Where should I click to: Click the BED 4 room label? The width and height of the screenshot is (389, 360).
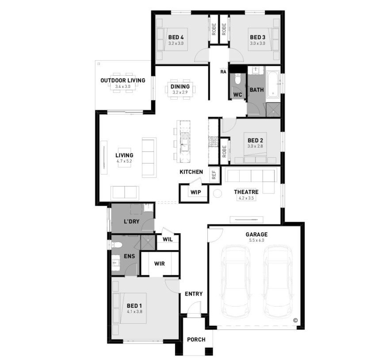pyautogui.click(x=176, y=38)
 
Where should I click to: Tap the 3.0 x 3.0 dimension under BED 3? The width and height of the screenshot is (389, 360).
pyautogui.click(x=258, y=43)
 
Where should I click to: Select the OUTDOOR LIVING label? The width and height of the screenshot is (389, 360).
pyautogui.click(x=123, y=80)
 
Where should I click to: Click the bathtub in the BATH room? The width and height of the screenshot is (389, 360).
pyautogui.click(x=273, y=83)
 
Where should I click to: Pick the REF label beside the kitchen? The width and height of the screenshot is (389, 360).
pyautogui.click(x=214, y=175)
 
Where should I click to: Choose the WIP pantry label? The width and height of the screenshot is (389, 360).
pyautogui.click(x=195, y=192)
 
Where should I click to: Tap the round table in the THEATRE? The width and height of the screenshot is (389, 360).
pyautogui.click(x=217, y=193)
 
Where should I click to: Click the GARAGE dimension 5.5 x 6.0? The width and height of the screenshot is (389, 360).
pyautogui.click(x=256, y=240)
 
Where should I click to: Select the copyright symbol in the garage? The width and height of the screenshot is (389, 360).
pyautogui.click(x=295, y=320)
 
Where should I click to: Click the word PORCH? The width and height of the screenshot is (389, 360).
pyautogui.click(x=196, y=339)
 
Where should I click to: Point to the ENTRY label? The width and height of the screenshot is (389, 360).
pyautogui.click(x=194, y=294)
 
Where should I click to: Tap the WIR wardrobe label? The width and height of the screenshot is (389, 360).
pyautogui.click(x=159, y=264)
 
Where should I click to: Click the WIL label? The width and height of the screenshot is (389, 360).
pyautogui.click(x=168, y=239)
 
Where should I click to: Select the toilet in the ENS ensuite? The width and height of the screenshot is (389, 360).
pyautogui.click(x=117, y=246)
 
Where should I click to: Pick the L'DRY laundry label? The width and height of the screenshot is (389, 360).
pyautogui.click(x=131, y=221)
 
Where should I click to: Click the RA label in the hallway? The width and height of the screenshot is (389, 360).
pyautogui.click(x=223, y=72)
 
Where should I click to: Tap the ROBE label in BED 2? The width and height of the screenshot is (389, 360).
pyautogui.click(x=224, y=151)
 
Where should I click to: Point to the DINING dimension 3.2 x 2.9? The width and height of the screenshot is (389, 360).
pyautogui.click(x=180, y=92)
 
